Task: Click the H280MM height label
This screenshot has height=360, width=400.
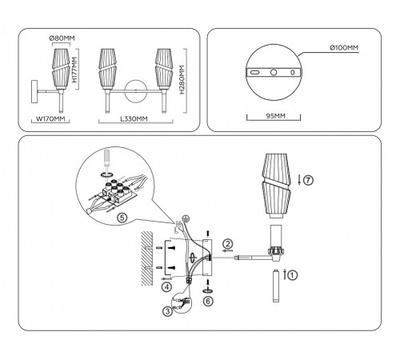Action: point(182,80)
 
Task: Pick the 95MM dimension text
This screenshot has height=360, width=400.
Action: point(274,114)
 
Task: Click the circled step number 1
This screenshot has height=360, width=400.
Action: point(293,274)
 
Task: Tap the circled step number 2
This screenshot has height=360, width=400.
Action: point(229,243)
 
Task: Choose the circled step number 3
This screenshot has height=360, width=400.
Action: point(166,310)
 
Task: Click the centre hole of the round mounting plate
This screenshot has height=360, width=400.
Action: point(274,72)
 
